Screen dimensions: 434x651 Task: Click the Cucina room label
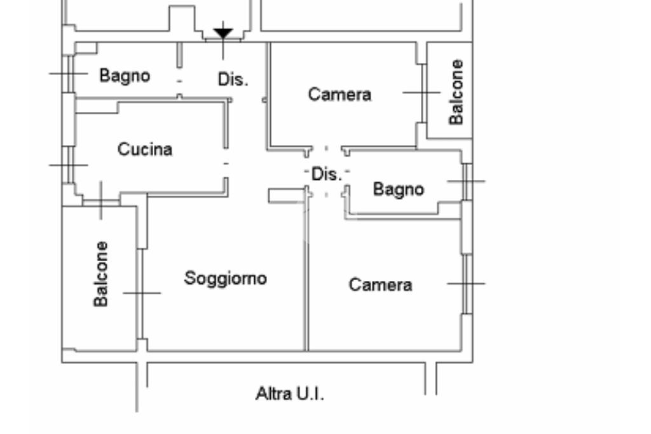(x=145, y=149)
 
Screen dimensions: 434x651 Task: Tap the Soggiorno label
(x=225, y=278)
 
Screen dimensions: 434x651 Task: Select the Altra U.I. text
(x=289, y=394)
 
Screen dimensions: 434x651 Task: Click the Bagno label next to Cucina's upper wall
(x=125, y=76)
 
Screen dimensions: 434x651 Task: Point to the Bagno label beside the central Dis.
(x=398, y=189)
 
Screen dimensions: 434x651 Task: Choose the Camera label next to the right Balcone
(x=339, y=95)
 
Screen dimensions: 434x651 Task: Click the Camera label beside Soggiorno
(x=380, y=285)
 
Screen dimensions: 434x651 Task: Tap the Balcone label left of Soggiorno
(x=100, y=273)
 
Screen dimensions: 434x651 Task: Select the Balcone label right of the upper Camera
(x=456, y=92)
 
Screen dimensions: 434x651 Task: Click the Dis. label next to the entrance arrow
(x=233, y=79)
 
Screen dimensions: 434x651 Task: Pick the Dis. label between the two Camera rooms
(x=326, y=174)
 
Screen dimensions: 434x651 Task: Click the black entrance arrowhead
(x=223, y=32)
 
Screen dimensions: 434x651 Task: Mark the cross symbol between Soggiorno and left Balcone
(x=142, y=293)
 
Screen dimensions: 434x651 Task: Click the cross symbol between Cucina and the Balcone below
(x=100, y=200)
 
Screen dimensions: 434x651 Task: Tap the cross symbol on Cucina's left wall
(x=68, y=165)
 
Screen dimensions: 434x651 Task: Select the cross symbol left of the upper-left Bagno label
(x=68, y=73)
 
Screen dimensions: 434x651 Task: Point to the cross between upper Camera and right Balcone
(x=421, y=92)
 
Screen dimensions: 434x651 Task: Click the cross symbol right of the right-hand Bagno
(x=466, y=181)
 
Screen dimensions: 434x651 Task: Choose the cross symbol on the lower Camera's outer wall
(x=466, y=283)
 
